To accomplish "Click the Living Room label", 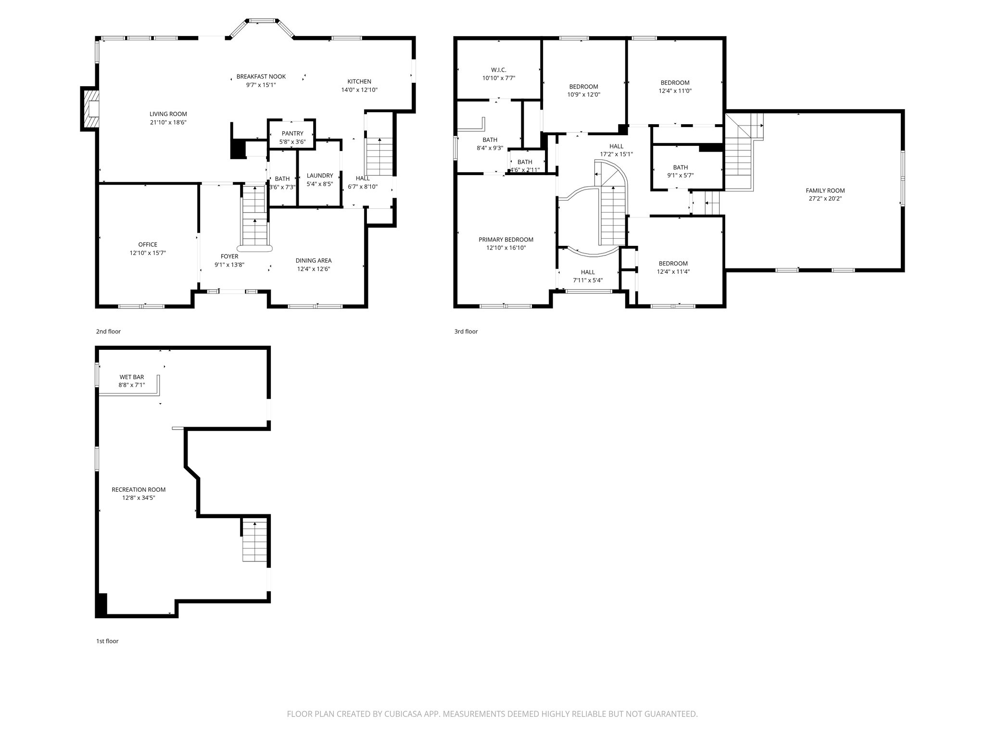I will tap(168, 114).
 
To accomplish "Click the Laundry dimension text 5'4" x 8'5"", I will tap(320, 184).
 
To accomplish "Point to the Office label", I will tap(148, 244).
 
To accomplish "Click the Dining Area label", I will tap(313, 260).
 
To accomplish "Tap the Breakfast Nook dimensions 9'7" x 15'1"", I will tap(261, 85).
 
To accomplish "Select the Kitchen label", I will tap(359, 81).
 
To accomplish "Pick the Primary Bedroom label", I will tap(505, 240).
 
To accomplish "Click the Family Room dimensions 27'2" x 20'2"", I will tap(825, 198).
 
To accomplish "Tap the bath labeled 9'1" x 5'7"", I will tap(680, 172).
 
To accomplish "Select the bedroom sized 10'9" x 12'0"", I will tap(583, 90).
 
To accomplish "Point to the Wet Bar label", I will tap(132, 377).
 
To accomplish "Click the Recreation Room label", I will tap(139, 489).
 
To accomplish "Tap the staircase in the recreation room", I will tap(254, 541).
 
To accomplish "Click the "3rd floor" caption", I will tap(466, 331).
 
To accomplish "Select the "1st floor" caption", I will tap(107, 641).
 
